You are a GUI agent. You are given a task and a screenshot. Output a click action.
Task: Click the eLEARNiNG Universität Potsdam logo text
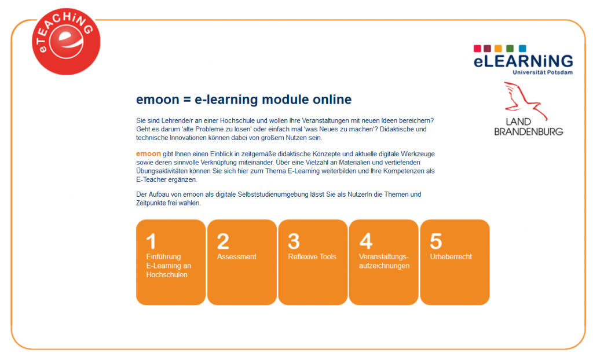pos(523,61)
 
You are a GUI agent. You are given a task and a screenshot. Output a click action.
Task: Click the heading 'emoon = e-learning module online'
pos(243,99)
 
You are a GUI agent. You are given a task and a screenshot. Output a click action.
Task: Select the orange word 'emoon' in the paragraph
pos(148,154)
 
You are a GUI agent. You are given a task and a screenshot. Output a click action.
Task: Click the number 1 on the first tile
pos(151,241)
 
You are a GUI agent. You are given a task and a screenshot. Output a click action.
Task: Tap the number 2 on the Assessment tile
pos(223,241)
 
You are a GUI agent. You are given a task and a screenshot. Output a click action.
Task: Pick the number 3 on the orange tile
pos(294,241)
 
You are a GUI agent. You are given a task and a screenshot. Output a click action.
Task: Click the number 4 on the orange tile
pos(365,241)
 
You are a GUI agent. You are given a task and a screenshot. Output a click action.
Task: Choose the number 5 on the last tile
pos(436,241)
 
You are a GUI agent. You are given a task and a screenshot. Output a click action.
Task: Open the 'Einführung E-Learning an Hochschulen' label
pos(169,266)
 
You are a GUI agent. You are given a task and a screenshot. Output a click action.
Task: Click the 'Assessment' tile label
pos(236,257)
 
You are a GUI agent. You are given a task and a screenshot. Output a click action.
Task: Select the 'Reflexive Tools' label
pos(312,257)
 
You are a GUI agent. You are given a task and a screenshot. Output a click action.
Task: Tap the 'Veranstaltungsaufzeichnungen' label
pos(384,261)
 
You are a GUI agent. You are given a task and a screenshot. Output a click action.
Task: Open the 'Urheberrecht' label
pos(451,257)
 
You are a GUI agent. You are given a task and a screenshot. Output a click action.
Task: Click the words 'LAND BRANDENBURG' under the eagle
pos(528,127)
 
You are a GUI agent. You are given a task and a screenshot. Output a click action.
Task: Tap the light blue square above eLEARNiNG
pos(522,49)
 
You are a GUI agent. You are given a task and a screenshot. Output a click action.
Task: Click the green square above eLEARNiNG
pos(510,49)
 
